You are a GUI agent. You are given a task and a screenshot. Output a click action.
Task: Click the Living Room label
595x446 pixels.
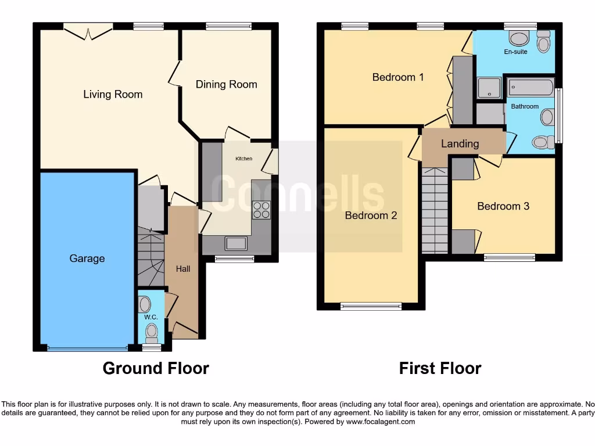[113, 94]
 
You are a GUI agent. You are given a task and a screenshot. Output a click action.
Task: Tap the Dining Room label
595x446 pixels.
[226, 84]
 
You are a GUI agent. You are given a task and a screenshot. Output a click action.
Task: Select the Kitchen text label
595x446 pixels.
[243, 159]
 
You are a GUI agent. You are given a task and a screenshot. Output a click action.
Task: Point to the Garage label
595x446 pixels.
[87, 258]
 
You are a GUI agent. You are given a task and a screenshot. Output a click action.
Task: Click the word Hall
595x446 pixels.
[183, 268]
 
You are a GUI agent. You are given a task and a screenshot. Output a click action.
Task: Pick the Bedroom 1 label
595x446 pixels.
[398, 77]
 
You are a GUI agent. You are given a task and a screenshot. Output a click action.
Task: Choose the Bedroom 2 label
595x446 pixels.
[371, 215]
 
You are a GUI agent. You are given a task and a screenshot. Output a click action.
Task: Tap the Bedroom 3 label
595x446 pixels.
[503, 206]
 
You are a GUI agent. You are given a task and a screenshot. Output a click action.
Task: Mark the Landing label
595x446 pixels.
[460, 143]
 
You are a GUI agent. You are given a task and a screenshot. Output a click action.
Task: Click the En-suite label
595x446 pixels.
[515, 52]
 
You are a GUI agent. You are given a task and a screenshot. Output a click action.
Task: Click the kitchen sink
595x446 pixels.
[236, 244]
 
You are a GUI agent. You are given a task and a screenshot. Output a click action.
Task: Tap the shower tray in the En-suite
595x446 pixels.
[489, 88]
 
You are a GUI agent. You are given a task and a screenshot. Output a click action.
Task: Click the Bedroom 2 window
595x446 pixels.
[371, 306]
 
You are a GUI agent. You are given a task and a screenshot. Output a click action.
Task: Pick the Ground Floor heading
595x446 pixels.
[156, 368]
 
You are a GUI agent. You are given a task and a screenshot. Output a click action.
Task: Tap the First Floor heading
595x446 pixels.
[440, 368]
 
